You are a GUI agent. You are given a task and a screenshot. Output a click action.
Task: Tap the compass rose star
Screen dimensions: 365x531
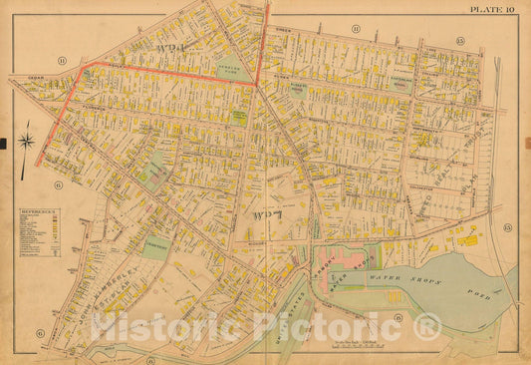pos(27,137)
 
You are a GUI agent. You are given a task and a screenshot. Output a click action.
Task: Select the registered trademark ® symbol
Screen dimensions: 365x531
pos(427,326)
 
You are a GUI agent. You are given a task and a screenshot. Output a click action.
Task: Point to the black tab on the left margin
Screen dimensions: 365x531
pos(3,144)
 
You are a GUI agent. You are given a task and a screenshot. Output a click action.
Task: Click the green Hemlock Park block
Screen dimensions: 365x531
pos(234,73)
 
